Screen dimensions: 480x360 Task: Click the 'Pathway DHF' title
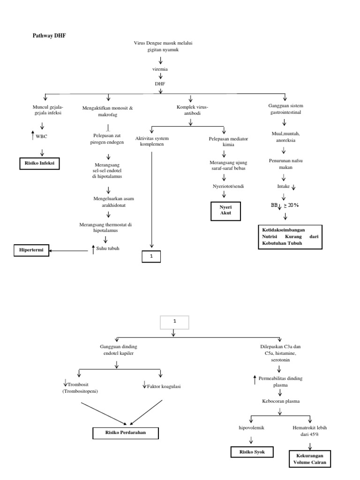coord(45,35)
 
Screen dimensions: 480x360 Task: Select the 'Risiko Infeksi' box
coord(40,164)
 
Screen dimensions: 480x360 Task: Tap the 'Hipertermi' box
coord(31,251)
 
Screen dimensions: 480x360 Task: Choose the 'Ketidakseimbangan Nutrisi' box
coord(290,237)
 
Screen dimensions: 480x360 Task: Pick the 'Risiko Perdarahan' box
coord(126,432)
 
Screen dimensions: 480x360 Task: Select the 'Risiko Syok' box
coord(252,452)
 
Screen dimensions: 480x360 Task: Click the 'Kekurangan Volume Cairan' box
coord(310,459)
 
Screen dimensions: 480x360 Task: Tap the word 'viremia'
coord(160,69)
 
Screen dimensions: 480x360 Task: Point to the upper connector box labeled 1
coord(151,256)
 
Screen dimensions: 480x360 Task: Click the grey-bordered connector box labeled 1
coord(174,322)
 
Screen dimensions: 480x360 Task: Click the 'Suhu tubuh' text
coord(108,248)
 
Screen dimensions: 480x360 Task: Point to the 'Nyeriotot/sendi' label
coord(224,187)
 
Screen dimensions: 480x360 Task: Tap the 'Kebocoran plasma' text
coord(280,401)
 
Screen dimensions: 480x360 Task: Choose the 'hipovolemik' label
coord(252,427)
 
